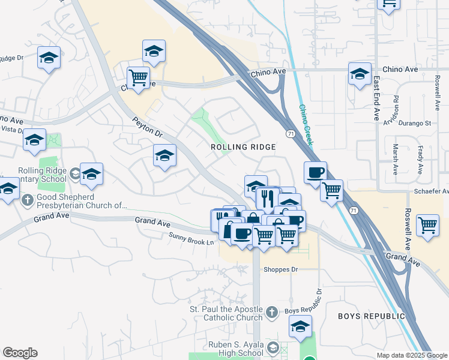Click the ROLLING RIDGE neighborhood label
[243, 147]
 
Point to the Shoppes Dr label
[281, 269]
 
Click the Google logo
[20, 353]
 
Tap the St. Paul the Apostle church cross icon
[271, 312]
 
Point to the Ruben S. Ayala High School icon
[273, 347]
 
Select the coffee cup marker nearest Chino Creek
[315, 172]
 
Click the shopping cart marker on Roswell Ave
[427, 226]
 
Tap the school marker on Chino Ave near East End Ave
[360, 74]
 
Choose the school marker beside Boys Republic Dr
[300, 326]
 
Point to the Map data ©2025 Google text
[411, 355]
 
